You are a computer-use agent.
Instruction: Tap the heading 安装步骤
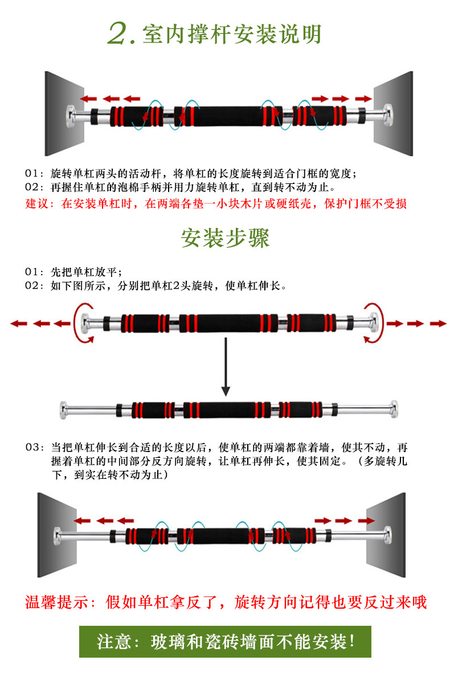[225, 238]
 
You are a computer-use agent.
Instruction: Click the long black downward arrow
[226, 367]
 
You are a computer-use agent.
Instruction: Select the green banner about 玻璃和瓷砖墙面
[225, 642]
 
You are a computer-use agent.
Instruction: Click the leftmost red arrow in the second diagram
[19, 323]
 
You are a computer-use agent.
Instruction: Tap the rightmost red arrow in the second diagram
[437, 323]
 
